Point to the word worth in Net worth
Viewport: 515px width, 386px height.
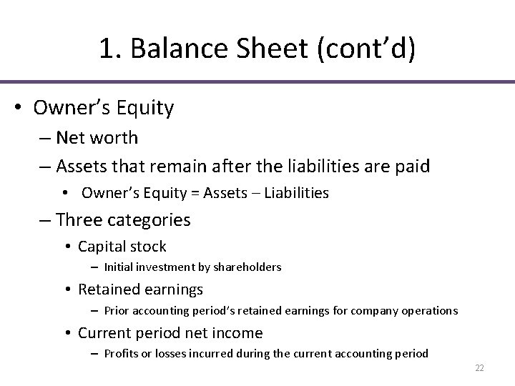click(117, 138)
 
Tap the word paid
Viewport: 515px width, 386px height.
click(411, 166)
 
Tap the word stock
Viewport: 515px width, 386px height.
click(148, 247)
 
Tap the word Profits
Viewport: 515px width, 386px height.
click(121, 354)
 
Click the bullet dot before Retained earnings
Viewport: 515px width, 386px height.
click(67, 290)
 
